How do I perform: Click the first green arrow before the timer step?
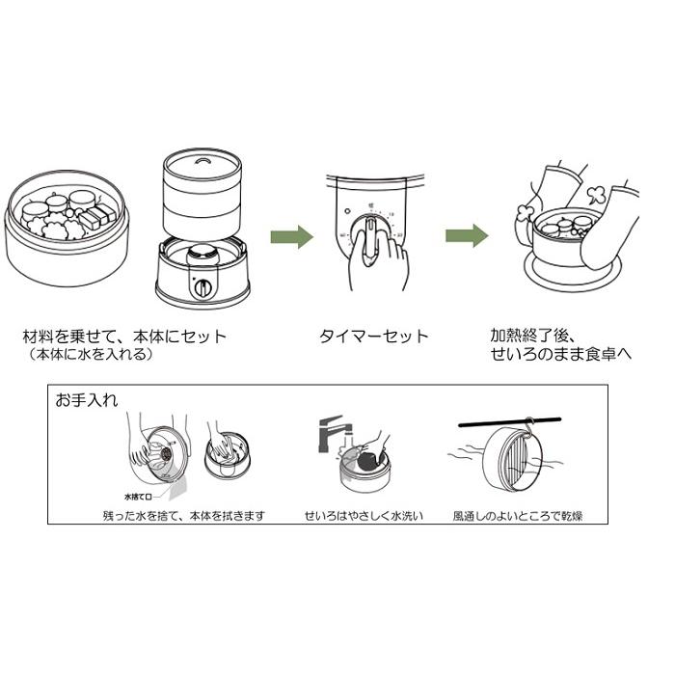click(290, 236)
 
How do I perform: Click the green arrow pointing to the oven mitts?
click(465, 236)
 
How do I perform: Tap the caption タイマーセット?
click(373, 337)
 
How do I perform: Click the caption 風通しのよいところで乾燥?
click(517, 516)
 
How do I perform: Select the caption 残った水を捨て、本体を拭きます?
click(183, 516)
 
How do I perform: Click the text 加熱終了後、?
click(531, 337)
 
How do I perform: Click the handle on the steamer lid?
click(201, 160)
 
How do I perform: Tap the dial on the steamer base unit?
click(203, 286)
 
